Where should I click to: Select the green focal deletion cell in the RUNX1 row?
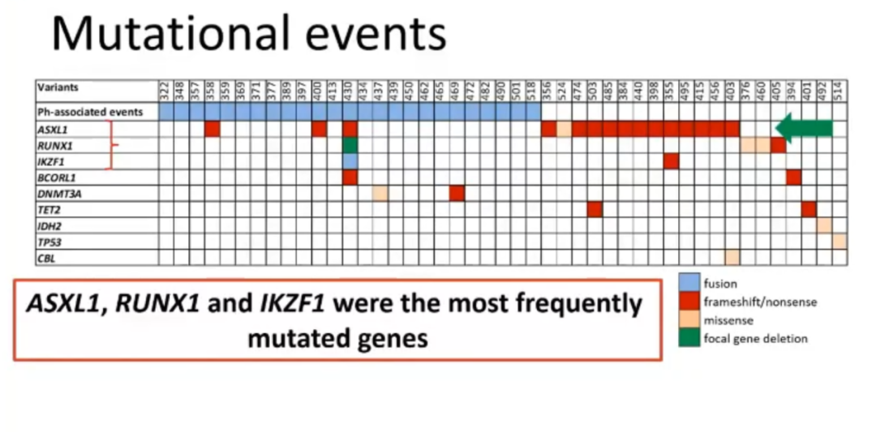(350, 145)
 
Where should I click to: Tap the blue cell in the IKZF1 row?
(350, 161)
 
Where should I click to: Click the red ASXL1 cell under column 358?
(213, 129)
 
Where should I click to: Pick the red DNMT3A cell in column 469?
(457, 193)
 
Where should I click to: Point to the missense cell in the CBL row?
(732, 257)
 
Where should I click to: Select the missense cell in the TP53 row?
(839, 241)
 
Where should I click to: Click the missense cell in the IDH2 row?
(824, 225)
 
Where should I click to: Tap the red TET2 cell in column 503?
(595, 209)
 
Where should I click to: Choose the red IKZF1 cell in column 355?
(671, 161)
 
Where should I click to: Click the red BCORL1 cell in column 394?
(793, 177)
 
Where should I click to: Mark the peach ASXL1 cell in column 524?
(564, 129)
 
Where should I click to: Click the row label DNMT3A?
(54, 193)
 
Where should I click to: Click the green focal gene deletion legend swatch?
(689, 338)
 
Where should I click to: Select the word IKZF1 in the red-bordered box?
(291, 304)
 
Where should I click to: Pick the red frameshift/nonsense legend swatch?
(689, 302)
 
